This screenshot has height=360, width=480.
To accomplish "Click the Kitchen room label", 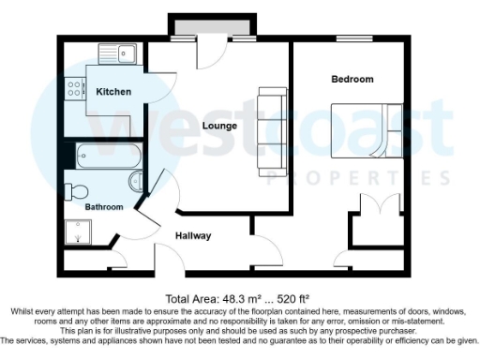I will pyautogui.click(x=112, y=91).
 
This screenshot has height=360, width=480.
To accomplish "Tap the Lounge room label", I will pyautogui.click(x=218, y=125).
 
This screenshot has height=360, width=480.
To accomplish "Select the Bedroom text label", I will pyautogui.click(x=352, y=79).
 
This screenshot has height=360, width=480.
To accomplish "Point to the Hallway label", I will pyautogui.click(x=193, y=235).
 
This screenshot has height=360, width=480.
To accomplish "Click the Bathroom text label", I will pyautogui.click(x=104, y=206).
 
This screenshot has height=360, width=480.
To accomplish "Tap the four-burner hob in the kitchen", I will pyautogui.click(x=74, y=90).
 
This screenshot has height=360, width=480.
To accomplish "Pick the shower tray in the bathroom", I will pyautogui.click(x=75, y=232).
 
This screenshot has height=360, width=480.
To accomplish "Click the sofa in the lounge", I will pyautogui.click(x=272, y=131).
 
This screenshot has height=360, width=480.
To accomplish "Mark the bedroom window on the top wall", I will pyautogui.click(x=353, y=38).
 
